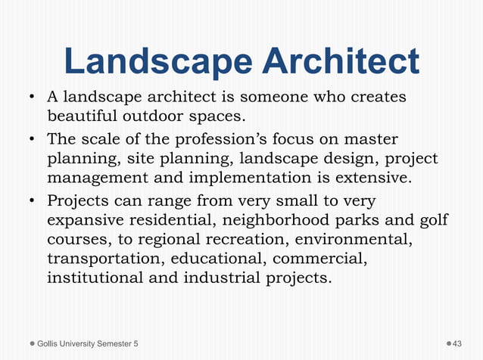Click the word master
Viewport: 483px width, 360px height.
tap(371, 141)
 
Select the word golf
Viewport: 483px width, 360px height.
tap(432, 221)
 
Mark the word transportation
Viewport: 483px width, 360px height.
tap(102, 259)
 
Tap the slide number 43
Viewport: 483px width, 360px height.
tap(457, 344)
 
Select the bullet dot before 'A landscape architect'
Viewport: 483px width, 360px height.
tap(33, 99)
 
